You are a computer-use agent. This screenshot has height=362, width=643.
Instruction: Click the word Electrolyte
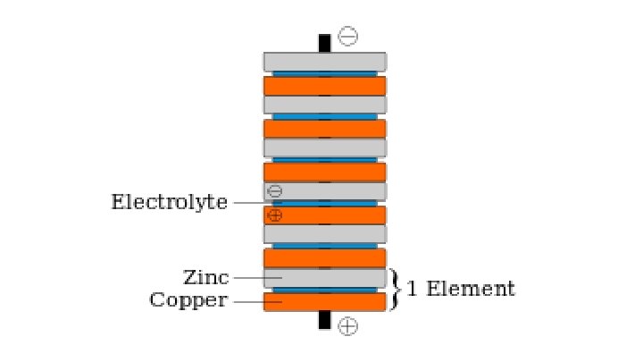(x=169, y=202)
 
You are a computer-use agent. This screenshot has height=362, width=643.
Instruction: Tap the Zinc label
(x=206, y=278)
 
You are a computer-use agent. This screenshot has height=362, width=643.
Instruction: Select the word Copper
(x=188, y=300)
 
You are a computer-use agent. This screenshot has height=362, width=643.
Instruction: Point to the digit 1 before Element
(x=412, y=289)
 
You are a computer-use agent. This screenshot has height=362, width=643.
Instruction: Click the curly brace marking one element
(x=396, y=289)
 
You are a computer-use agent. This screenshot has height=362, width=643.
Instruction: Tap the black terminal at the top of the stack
(x=324, y=42)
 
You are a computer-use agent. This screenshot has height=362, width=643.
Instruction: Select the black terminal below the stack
(x=324, y=320)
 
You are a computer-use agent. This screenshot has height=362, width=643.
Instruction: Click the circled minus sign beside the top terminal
(x=348, y=37)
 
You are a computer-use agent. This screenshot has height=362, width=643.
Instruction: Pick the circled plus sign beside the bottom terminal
(x=348, y=326)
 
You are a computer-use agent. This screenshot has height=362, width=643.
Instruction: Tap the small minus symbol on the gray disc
(x=275, y=191)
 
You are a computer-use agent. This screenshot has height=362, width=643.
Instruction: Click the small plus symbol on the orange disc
(x=275, y=215)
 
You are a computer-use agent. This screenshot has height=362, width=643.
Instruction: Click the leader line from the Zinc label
(x=248, y=278)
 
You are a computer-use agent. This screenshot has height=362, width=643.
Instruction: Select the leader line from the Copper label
(x=248, y=301)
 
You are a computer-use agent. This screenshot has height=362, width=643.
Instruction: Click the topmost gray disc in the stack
(x=324, y=62)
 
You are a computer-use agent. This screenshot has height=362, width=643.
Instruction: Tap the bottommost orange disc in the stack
(x=324, y=301)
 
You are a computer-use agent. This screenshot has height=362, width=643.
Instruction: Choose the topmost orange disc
(x=324, y=86)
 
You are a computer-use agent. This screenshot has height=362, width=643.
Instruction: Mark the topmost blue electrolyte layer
(x=324, y=73)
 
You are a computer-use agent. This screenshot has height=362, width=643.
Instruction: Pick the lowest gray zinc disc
(x=324, y=278)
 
